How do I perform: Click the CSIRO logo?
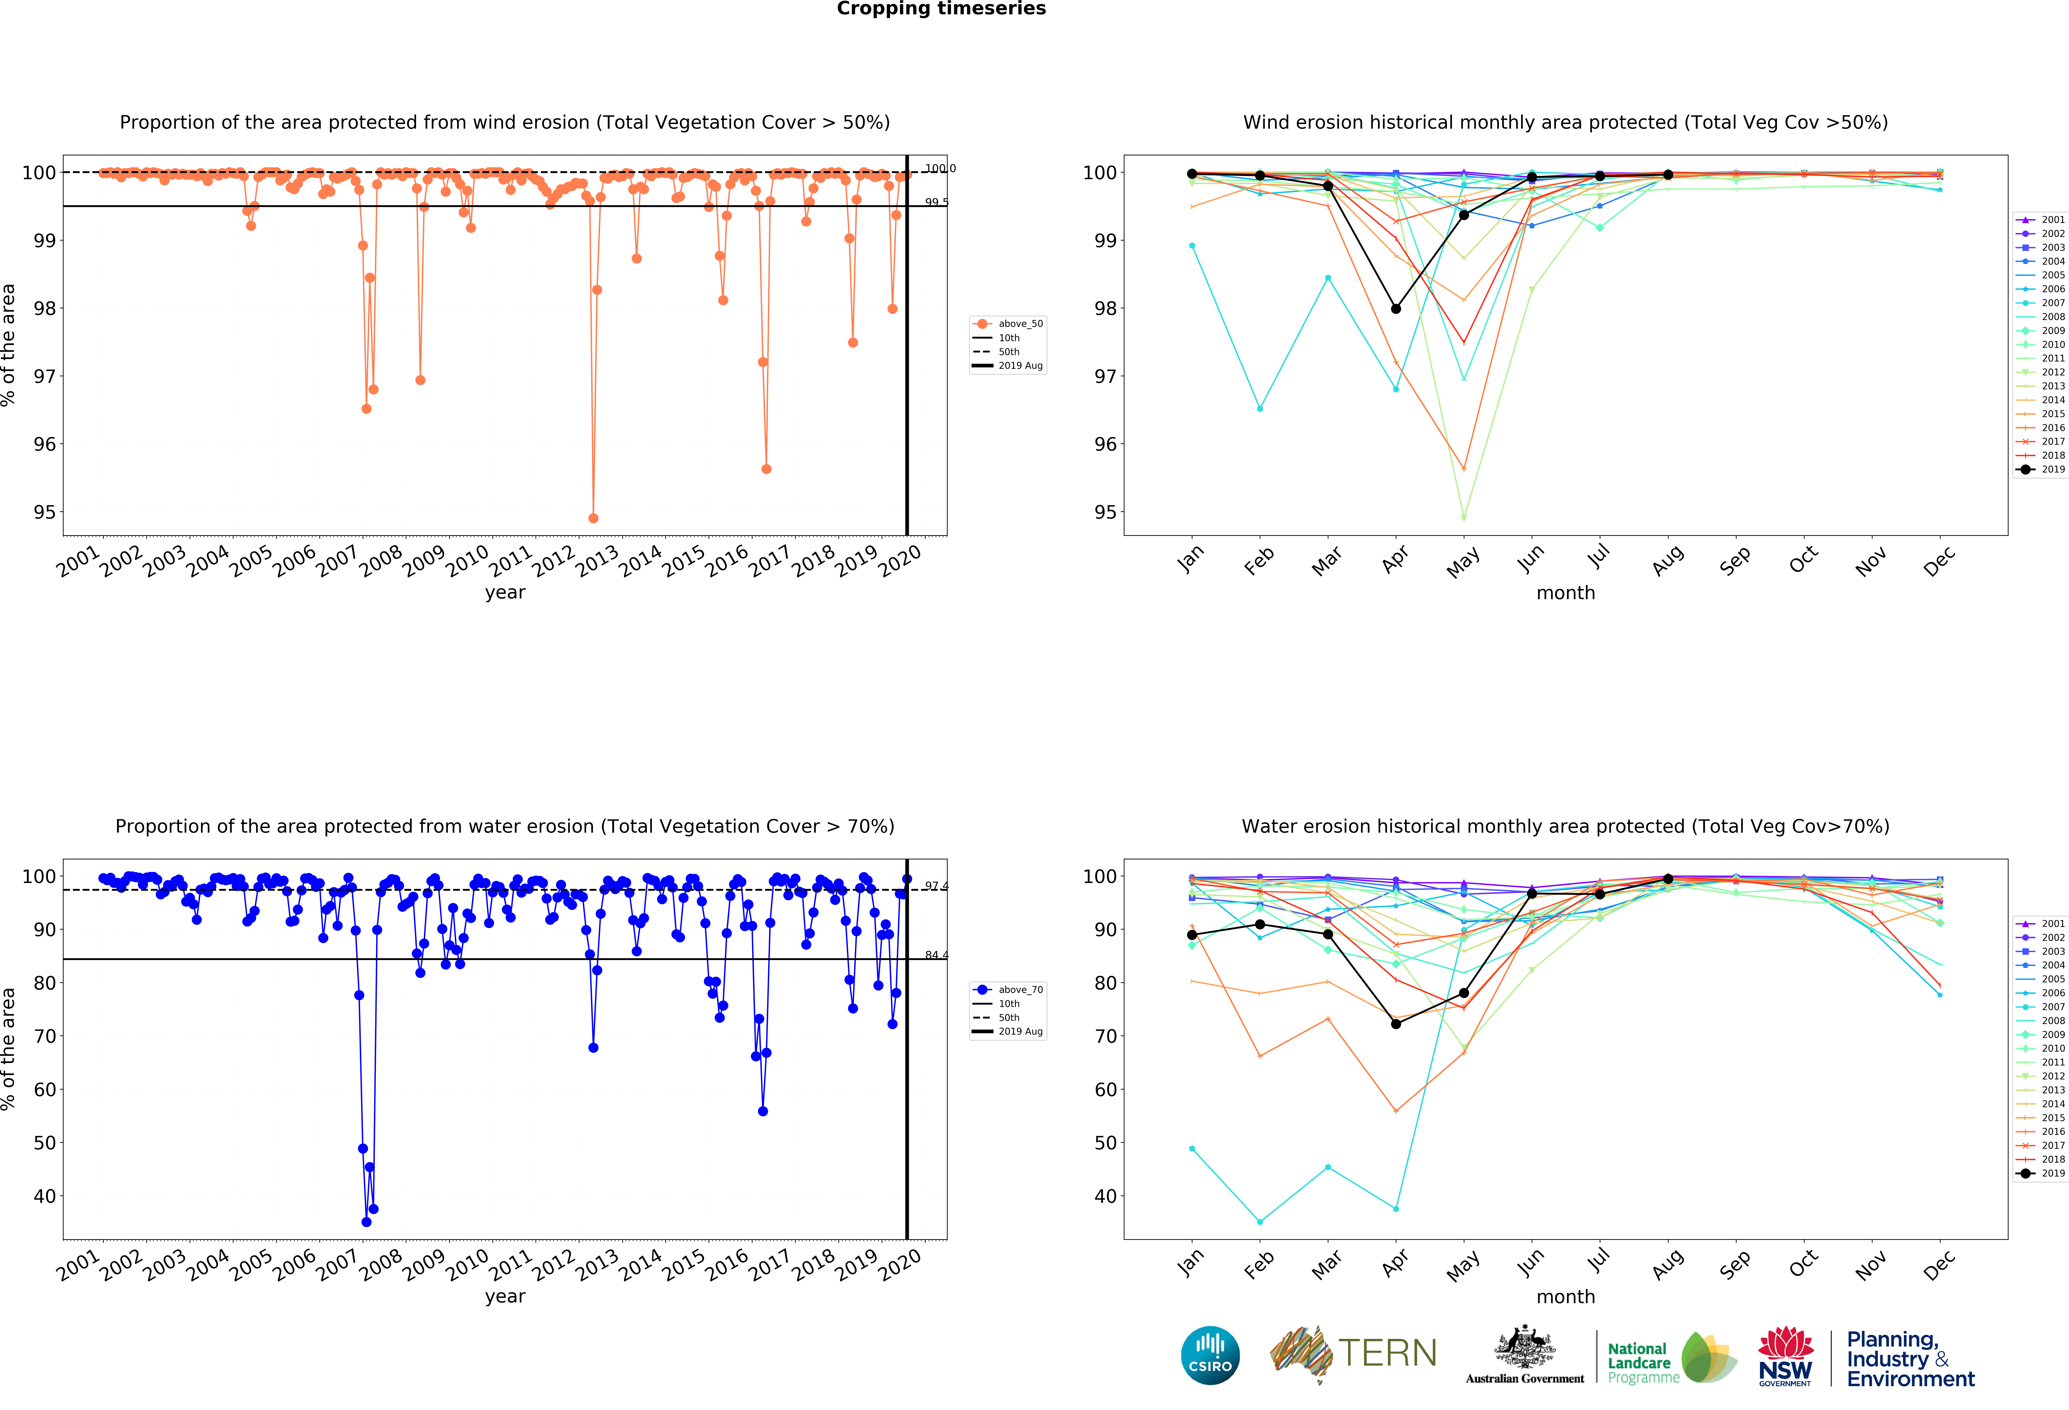point(1210,1356)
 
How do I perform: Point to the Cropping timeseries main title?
point(941,9)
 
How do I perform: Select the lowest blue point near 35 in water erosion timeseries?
point(366,1222)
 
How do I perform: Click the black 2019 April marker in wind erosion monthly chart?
point(1396,309)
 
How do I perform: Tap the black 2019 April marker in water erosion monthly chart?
point(1396,1025)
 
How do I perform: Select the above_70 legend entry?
point(1009,990)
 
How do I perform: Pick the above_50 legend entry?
point(1009,324)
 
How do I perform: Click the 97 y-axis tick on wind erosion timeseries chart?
point(45,377)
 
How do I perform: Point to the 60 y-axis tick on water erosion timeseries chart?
point(45,1090)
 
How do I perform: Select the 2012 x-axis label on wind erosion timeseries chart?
point(554,561)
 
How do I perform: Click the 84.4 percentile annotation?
point(936,955)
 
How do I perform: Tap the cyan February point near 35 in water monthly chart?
point(1260,1222)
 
